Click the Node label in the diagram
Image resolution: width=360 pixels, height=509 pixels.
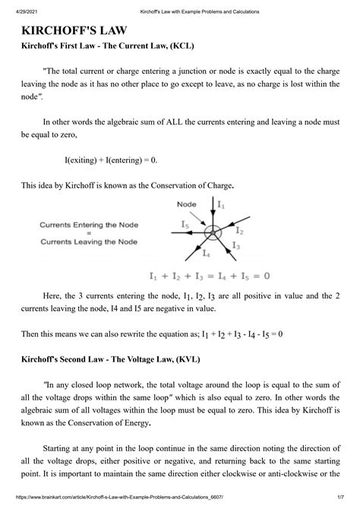point(187,204)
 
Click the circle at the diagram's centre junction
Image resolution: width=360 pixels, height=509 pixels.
point(216,231)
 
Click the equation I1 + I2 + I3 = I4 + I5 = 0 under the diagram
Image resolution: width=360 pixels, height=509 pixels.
point(210,274)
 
